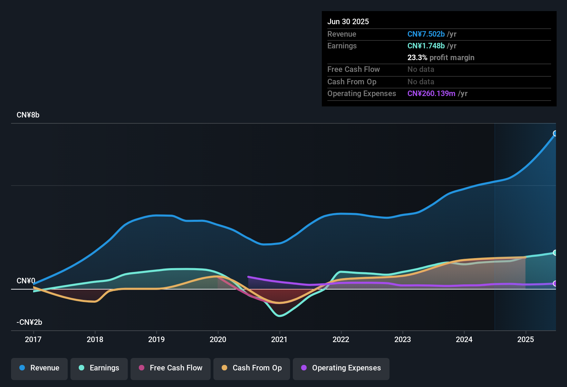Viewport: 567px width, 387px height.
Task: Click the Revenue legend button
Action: pyautogui.click(x=39, y=368)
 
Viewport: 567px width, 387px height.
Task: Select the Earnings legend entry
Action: pyautogui.click(x=99, y=368)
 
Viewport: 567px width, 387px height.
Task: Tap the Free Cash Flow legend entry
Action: pyautogui.click(x=171, y=368)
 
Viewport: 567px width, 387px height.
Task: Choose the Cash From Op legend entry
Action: pyautogui.click(x=252, y=368)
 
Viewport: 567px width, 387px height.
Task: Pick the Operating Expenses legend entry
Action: pyautogui.click(x=341, y=368)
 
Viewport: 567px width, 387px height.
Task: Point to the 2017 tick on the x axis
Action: pyautogui.click(x=33, y=339)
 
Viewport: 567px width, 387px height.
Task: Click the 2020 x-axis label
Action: pyautogui.click(x=218, y=339)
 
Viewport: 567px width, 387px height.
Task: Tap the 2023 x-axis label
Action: pyautogui.click(x=403, y=339)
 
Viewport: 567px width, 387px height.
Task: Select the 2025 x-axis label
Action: pyautogui.click(x=526, y=339)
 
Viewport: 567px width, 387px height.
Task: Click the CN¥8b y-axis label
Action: pyautogui.click(x=28, y=115)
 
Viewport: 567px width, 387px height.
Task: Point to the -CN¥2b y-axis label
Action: pyautogui.click(x=29, y=322)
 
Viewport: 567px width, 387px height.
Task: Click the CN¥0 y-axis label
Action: pyautogui.click(x=26, y=281)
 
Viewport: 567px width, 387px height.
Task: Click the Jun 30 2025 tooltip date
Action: pyautogui.click(x=348, y=21)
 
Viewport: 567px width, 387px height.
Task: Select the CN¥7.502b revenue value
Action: pyautogui.click(x=426, y=34)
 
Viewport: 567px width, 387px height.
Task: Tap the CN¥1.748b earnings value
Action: pyautogui.click(x=426, y=46)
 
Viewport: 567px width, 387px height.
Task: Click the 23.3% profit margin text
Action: pyautogui.click(x=441, y=57)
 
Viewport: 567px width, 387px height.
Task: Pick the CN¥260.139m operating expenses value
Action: pyautogui.click(x=431, y=93)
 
